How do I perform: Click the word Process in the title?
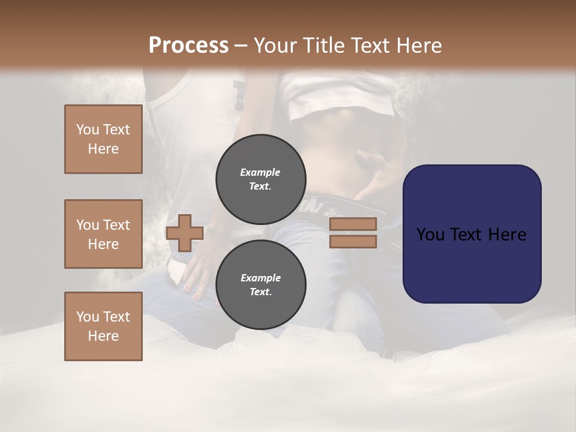pos(188,46)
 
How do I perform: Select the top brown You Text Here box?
pos(103,139)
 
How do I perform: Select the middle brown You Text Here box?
pos(103,234)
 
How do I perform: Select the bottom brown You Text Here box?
pos(103,326)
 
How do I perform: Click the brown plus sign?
pos(184,233)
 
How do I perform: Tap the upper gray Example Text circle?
pos(260,179)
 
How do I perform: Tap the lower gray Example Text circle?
pos(260,284)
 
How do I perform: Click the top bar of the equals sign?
pos(353,224)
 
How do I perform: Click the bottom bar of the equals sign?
pos(353,241)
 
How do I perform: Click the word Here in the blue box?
pos(506,235)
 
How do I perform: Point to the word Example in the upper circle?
pos(260,172)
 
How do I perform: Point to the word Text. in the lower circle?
pos(260,292)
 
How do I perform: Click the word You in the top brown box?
pos(87,130)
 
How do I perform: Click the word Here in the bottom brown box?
pos(103,336)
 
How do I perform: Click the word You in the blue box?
pos(430,235)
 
